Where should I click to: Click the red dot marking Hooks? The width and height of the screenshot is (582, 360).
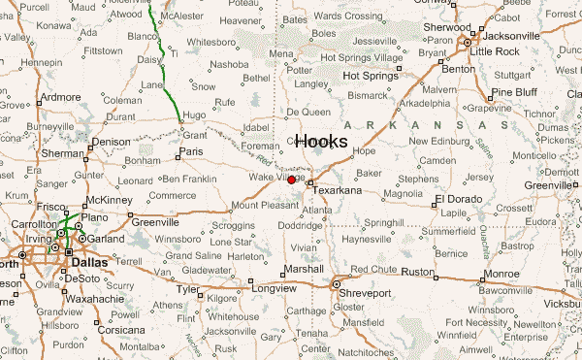point(292,180)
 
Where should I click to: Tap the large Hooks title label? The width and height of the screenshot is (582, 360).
point(321,142)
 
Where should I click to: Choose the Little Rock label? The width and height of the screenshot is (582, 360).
point(496,49)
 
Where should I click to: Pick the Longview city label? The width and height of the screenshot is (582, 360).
point(273,289)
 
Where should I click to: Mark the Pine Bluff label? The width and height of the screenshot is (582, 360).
point(514,92)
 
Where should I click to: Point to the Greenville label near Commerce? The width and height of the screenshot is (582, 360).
point(156,222)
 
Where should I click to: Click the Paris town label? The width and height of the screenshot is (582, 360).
point(191,152)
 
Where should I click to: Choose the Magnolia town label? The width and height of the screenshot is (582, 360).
point(403,193)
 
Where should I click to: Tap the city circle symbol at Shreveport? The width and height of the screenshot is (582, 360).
point(337,284)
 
